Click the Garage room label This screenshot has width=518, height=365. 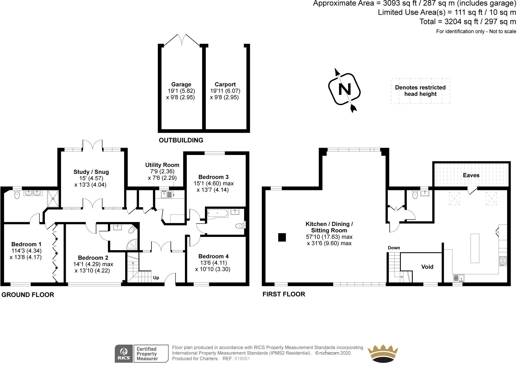click(181, 84)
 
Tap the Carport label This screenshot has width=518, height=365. click(225, 84)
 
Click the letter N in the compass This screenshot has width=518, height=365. click(344, 89)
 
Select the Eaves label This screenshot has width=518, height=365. click(471, 175)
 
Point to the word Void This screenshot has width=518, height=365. click(427, 267)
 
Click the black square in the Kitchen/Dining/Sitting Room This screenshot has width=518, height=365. click(282, 237)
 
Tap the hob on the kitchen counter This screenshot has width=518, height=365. click(503, 261)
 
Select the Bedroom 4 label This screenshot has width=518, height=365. click(213, 256)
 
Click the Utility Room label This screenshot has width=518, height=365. click(162, 165)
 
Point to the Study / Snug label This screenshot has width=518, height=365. click(91, 172)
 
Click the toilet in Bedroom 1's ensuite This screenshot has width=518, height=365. click(17, 195)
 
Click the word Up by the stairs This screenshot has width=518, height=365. click(156, 278)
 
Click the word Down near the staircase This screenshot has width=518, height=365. click(394, 248)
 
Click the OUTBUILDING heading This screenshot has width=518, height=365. click(181, 140)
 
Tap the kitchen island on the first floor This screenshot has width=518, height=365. click(475, 248)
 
